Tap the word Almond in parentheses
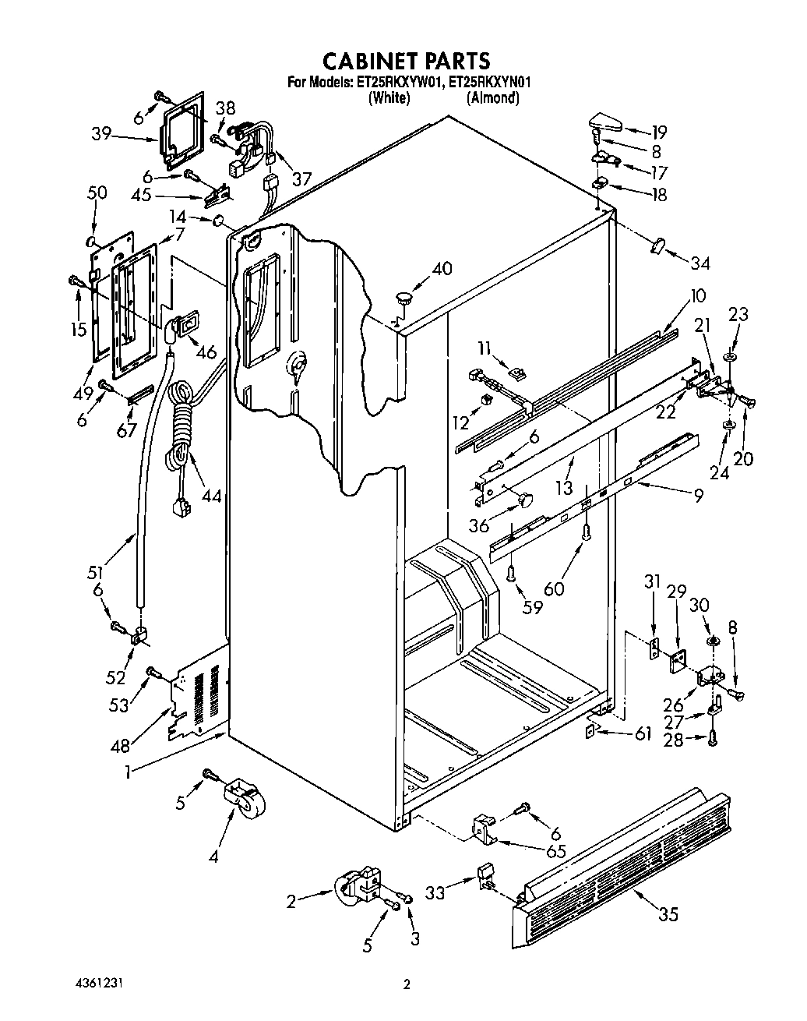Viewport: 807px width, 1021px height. [x=492, y=98]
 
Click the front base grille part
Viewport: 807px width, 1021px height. [x=623, y=865]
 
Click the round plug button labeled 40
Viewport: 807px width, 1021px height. [x=404, y=296]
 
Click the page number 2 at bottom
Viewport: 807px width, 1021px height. [x=406, y=984]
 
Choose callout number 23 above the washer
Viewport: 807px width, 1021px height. [x=738, y=315]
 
